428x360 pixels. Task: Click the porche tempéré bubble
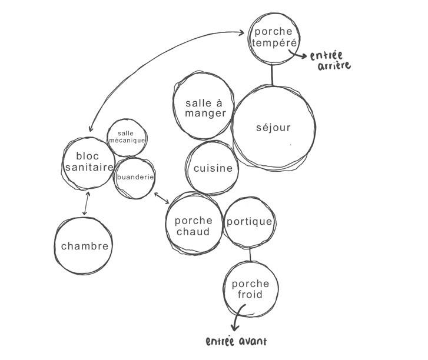point(273,37)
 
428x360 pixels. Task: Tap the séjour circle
point(273,127)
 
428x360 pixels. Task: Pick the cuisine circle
point(213,168)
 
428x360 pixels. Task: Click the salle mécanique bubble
point(127,138)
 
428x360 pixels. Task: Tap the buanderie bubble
point(135,177)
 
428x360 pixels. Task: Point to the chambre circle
point(85,246)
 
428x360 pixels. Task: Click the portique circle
point(250,222)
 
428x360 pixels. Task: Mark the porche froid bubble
point(250,289)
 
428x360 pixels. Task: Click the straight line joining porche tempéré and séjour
point(271,75)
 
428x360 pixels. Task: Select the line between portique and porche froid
point(250,254)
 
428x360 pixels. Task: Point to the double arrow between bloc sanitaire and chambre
point(87,204)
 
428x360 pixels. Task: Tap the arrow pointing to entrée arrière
point(297,57)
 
